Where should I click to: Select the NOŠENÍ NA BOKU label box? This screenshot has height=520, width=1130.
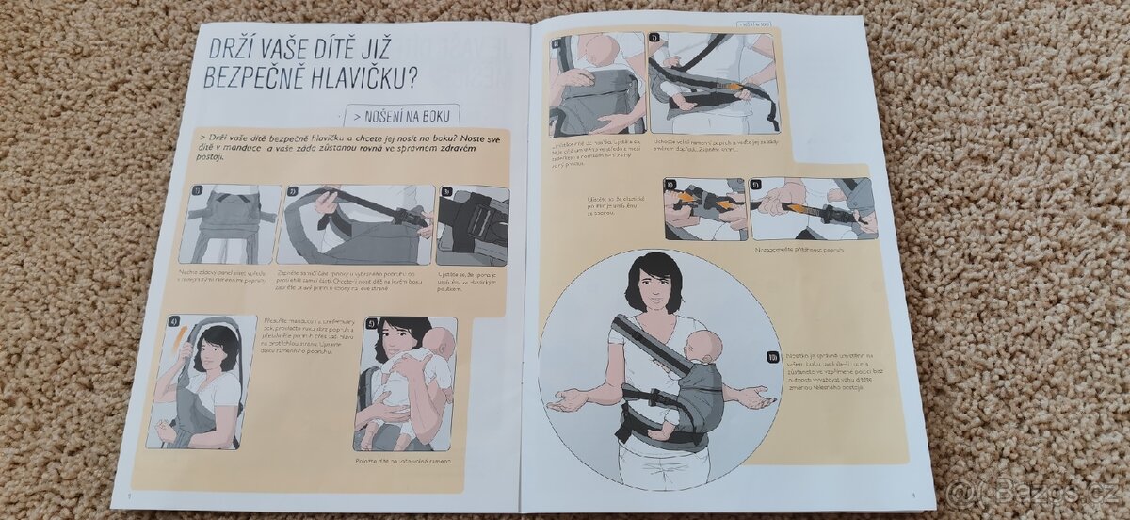pyautogui.click(x=402, y=117)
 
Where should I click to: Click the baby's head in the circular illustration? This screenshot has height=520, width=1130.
pyautogui.click(x=706, y=346)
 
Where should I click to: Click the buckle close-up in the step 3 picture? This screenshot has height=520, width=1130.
pyautogui.click(x=474, y=226)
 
